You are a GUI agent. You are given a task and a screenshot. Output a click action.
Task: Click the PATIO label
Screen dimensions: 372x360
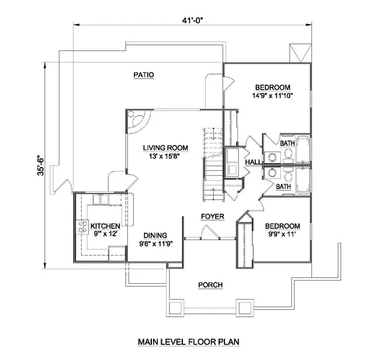point(144,75)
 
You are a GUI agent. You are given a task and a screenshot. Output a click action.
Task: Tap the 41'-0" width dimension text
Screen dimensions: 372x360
point(193,20)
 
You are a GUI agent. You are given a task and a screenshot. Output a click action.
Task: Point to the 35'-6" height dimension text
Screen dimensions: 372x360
point(40,166)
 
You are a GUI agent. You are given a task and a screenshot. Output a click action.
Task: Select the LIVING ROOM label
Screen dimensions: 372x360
point(166,148)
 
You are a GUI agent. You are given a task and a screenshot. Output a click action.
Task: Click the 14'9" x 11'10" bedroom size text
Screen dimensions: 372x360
point(273,96)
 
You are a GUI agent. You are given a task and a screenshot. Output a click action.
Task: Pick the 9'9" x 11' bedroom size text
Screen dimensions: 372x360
point(282,235)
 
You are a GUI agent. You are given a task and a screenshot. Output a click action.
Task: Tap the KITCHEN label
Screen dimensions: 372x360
point(105,226)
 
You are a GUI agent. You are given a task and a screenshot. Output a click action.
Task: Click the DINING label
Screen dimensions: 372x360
point(156,235)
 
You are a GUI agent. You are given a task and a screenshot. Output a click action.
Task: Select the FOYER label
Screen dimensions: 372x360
point(213,217)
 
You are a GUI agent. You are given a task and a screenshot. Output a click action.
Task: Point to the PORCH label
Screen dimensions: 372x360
point(210,285)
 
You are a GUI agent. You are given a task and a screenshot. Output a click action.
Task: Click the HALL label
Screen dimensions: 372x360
point(253,162)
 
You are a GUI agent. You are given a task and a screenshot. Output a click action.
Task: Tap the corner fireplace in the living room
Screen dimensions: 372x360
point(138,122)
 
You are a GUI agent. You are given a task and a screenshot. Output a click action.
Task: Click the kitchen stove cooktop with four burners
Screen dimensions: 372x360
point(82,227)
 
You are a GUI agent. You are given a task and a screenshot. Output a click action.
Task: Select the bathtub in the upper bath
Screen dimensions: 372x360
point(303,149)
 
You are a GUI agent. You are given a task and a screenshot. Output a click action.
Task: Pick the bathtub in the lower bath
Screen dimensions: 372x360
point(303,180)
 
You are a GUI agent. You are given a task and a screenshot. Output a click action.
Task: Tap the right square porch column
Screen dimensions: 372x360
point(245,308)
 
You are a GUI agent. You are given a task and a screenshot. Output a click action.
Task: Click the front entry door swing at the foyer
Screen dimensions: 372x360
point(210,232)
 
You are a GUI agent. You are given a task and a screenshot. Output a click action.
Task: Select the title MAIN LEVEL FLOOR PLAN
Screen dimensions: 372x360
point(188,342)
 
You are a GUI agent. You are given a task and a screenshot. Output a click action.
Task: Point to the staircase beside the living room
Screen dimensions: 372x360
point(213,164)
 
